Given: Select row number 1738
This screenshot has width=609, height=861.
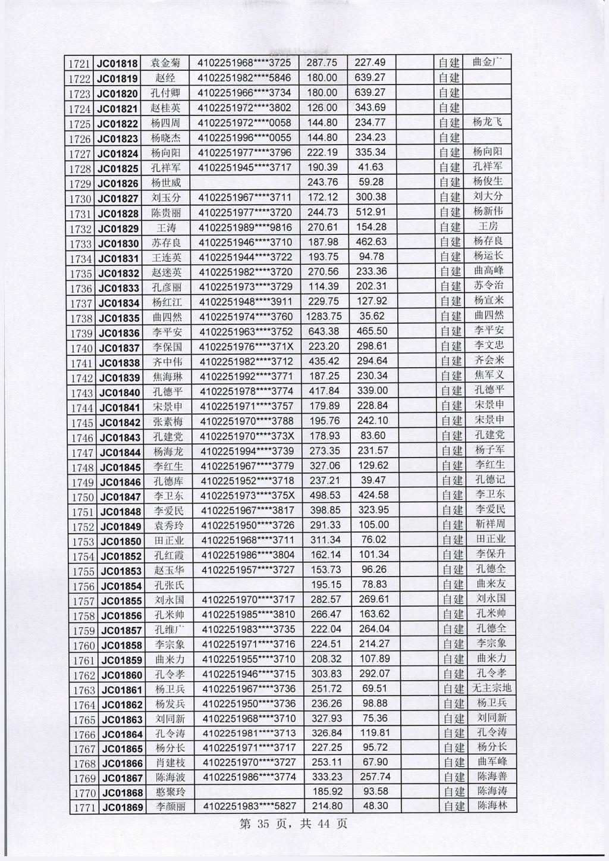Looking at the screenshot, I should (x=81, y=318).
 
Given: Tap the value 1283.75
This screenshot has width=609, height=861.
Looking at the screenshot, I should (x=324, y=317).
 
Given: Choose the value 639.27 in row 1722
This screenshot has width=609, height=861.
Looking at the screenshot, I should (x=370, y=77).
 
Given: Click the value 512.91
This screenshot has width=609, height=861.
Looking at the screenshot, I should (x=371, y=212).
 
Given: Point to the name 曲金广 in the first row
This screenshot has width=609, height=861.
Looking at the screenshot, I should (x=487, y=62).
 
